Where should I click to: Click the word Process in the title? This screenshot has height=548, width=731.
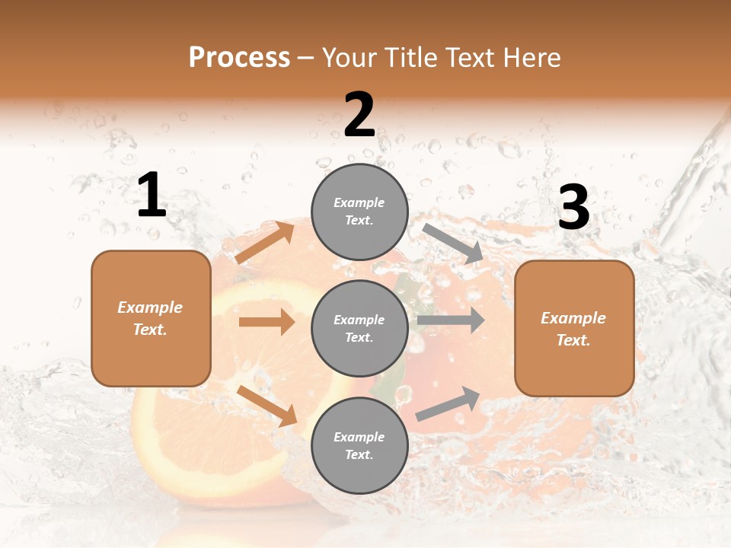(239, 57)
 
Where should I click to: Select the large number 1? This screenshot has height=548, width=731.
(152, 195)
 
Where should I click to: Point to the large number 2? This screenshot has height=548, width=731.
(359, 114)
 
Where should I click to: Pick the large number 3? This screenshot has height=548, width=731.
(573, 207)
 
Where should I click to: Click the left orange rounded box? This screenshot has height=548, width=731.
(151, 318)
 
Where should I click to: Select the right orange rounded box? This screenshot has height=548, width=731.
(574, 328)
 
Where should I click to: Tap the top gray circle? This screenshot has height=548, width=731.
(359, 212)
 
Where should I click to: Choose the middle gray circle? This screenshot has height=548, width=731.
(359, 328)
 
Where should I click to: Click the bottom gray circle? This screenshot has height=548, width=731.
(359, 445)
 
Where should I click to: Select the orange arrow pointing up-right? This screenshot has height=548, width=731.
(265, 243)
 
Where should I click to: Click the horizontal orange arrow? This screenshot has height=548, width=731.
(267, 322)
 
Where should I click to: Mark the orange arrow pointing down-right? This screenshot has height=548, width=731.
(267, 405)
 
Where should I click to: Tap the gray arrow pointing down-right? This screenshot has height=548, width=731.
(453, 244)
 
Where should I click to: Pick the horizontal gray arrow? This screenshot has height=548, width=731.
(451, 320)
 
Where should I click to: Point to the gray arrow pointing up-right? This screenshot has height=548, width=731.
(448, 403)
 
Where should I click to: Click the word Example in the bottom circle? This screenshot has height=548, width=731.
(359, 437)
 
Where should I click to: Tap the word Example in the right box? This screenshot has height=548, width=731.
(573, 318)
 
